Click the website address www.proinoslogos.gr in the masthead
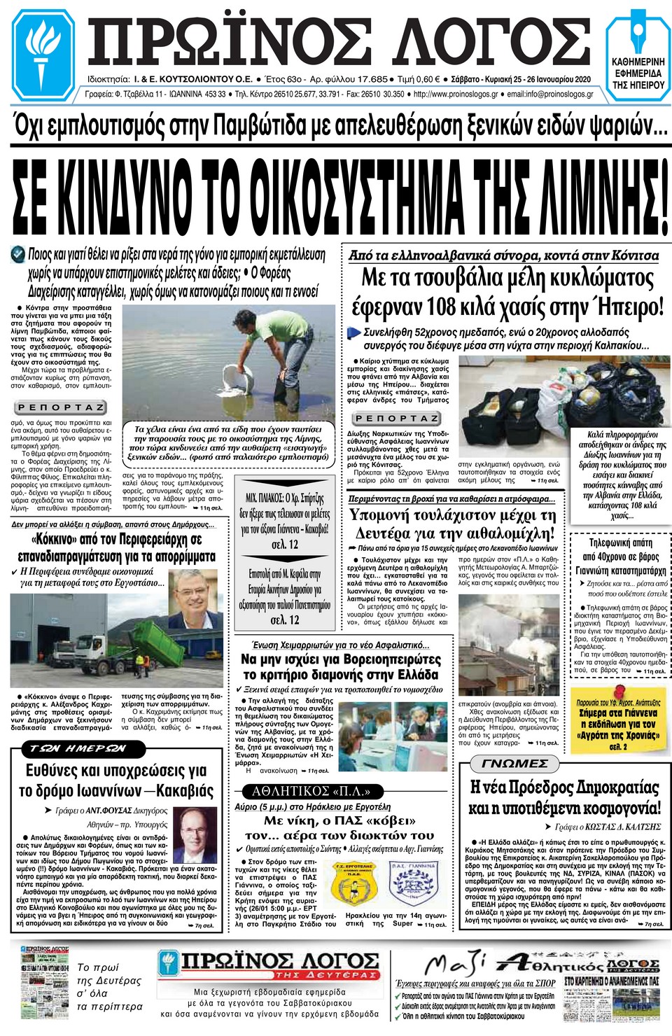click(x=456, y=94)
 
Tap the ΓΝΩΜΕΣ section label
click(x=514, y=763)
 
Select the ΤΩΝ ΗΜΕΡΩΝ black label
click(x=78, y=748)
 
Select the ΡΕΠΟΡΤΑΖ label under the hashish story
click(x=396, y=419)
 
